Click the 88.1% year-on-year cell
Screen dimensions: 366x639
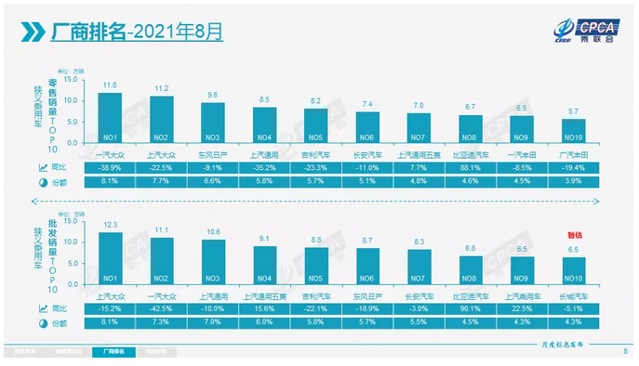click(x=473, y=168)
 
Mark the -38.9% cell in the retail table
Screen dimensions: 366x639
click(x=110, y=168)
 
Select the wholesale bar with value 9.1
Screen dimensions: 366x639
click(x=265, y=264)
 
